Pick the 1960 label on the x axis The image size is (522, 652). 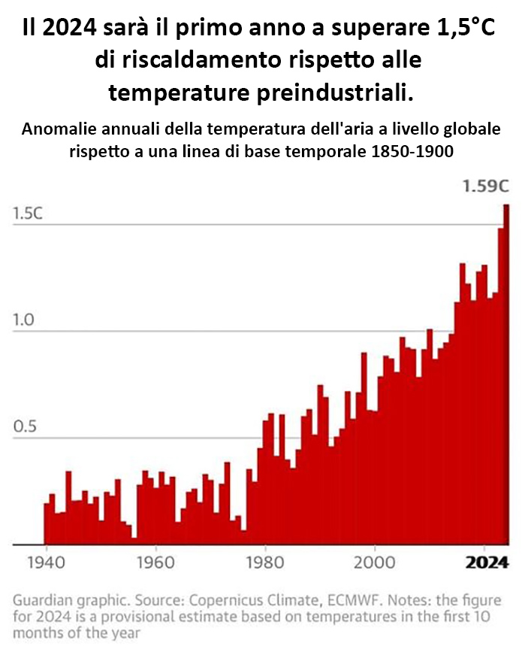click(154, 563)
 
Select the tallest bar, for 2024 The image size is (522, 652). click(506, 376)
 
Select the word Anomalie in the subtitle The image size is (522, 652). click(57, 129)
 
